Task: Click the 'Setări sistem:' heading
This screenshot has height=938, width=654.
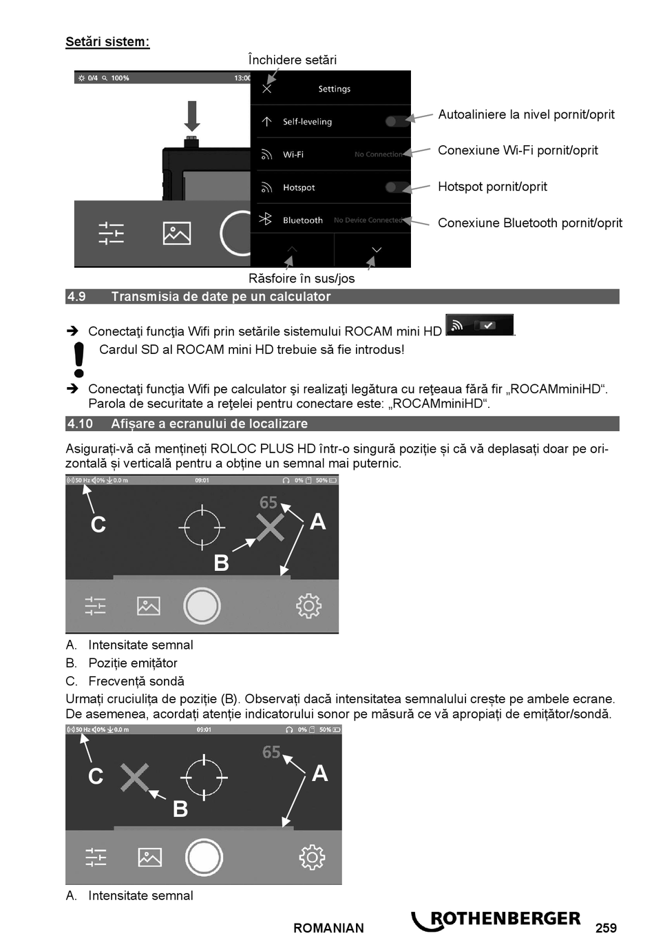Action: click(107, 42)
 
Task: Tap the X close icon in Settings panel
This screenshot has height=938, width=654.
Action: click(267, 89)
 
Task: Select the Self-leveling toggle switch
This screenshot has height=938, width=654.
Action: click(394, 121)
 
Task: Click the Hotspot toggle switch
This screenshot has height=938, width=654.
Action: click(394, 187)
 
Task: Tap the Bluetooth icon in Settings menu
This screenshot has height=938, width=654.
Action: click(266, 220)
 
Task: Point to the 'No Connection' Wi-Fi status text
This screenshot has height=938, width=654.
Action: click(378, 154)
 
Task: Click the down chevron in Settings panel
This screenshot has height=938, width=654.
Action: click(376, 249)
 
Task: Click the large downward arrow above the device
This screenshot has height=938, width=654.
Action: click(192, 116)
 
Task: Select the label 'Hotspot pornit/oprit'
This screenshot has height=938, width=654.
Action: click(492, 187)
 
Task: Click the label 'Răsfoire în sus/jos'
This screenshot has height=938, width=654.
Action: click(302, 278)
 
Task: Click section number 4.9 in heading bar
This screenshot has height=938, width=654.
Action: click(76, 297)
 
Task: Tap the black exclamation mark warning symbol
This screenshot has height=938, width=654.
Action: click(79, 359)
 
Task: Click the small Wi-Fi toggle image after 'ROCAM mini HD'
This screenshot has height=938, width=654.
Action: click(479, 325)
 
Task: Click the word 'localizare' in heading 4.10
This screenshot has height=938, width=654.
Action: click(274, 424)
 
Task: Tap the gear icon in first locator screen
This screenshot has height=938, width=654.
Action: click(308, 606)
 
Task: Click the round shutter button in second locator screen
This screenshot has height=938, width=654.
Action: click(204, 857)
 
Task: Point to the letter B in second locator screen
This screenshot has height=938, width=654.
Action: click(180, 809)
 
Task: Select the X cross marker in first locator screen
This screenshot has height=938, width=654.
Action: click(271, 528)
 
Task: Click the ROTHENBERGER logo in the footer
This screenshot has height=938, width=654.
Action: click(497, 920)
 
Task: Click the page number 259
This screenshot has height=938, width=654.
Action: click(606, 928)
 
